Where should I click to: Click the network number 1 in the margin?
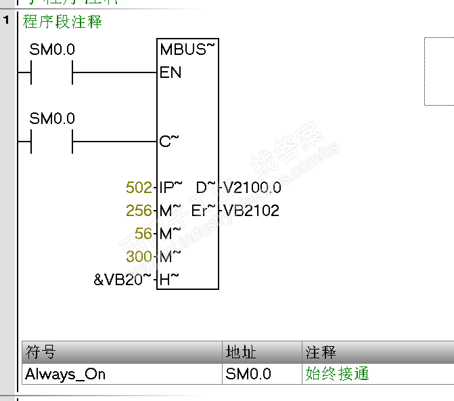(7, 21)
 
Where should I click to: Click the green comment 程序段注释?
(62, 22)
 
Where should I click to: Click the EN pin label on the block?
(171, 72)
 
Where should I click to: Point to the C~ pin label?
(169, 142)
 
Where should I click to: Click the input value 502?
(139, 188)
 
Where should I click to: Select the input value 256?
(139, 211)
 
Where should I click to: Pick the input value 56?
(143, 234)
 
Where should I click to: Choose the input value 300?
(139, 257)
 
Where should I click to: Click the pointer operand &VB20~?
(122, 280)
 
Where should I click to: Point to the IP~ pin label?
(171, 188)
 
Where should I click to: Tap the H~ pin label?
(169, 280)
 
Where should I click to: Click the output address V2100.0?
(252, 188)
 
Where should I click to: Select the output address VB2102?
(252, 211)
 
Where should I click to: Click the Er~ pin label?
(203, 211)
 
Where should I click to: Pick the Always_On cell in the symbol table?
(66, 374)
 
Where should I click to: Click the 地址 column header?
(240, 353)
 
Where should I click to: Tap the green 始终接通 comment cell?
(337, 374)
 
